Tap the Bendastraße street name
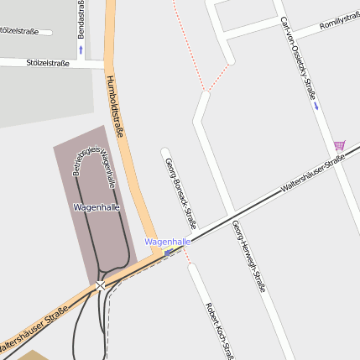point(81,18)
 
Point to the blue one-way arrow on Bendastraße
point(81,50)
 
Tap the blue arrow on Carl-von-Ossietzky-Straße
point(316,107)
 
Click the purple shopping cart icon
point(338,145)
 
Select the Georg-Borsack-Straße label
point(180,193)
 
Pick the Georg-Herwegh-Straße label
point(248,255)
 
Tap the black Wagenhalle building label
point(97,206)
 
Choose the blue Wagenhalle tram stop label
point(167,241)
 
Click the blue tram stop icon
point(169,252)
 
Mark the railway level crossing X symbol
point(101,286)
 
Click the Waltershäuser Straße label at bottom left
point(34,329)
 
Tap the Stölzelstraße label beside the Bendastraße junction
point(47,62)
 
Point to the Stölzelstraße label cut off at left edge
point(18,31)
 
